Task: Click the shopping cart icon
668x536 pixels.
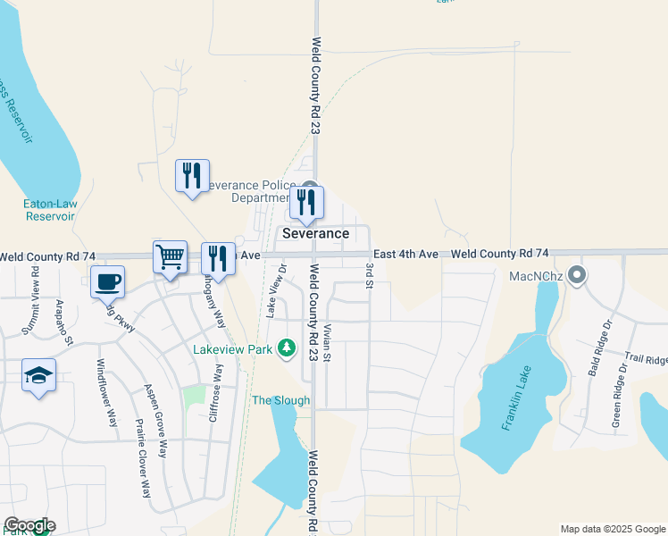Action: (170, 256)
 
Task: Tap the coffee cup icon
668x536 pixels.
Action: (107, 281)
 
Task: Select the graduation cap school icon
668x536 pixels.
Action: (39, 375)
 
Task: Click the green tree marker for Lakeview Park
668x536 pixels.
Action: (287, 347)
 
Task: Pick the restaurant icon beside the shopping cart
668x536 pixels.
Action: (218, 259)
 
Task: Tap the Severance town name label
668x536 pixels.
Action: (315, 233)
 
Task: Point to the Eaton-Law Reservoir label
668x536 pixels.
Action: (50, 210)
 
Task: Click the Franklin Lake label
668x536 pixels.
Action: (516, 398)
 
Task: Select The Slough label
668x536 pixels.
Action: (280, 400)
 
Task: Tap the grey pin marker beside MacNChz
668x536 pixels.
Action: (577, 275)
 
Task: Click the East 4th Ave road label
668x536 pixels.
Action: (405, 255)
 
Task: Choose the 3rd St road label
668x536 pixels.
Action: (368, 275)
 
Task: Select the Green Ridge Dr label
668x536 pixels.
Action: (616, 401)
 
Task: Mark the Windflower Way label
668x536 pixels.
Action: (107, 392)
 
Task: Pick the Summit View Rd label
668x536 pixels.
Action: (35, 296)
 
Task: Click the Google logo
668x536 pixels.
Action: (29, 526)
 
